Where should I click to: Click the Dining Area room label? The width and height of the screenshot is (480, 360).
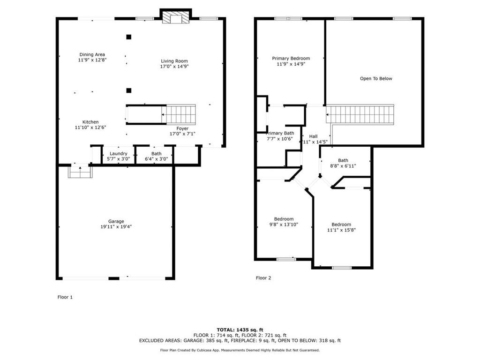(x=92, y=54)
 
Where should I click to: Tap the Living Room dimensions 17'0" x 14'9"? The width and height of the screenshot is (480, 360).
(x=174, y=67)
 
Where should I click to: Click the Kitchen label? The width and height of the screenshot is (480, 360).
(x=90, y=122)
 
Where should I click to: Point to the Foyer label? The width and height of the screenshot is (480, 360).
(x=182, y=128)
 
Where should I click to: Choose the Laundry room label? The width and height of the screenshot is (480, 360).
(x=119, y=154)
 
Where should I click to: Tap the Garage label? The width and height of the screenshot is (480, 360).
(x=116, y=221)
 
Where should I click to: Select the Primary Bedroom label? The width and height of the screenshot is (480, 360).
(x=291, y=59)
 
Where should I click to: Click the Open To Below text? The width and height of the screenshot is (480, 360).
(x=376, y=79)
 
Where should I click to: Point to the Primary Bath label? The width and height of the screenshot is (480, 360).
(x=280, y=133)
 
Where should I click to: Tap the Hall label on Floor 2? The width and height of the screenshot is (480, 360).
(x=313, y=136)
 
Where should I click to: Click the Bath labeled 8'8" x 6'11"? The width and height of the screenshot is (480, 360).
(x=343, y=160)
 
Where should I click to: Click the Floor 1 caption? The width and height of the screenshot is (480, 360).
(x=65, y=297)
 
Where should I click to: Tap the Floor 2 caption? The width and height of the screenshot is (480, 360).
(x=263, y=278)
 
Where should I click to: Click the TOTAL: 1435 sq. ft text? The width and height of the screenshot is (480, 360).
(x=240, y=330)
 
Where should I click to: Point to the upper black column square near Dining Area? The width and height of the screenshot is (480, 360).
(x=129, y=37)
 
